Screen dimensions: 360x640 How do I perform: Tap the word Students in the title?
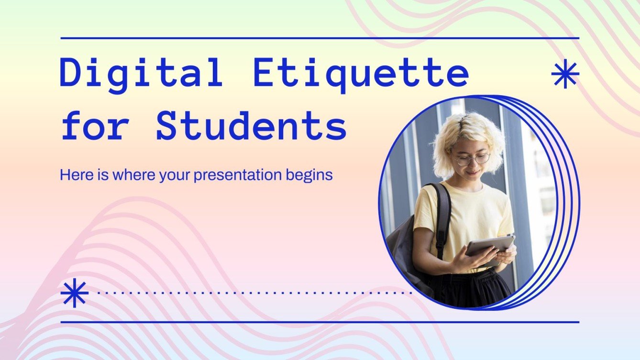(x=251, y=127)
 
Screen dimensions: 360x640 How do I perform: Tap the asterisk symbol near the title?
(x=565, y=74)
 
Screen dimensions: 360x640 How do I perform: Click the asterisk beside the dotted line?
(x=75, y=293)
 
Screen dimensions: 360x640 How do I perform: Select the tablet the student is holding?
(x=489, y=246)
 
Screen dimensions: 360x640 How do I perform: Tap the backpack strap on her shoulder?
(x=443, y=210)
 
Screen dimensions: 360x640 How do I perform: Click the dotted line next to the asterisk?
(x=254, y=291)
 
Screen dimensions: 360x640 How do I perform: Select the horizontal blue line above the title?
(x=320, y=38)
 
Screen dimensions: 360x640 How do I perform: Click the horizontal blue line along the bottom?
(x=320, y=322)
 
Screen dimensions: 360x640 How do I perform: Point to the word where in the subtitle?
(x=139, y=175)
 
